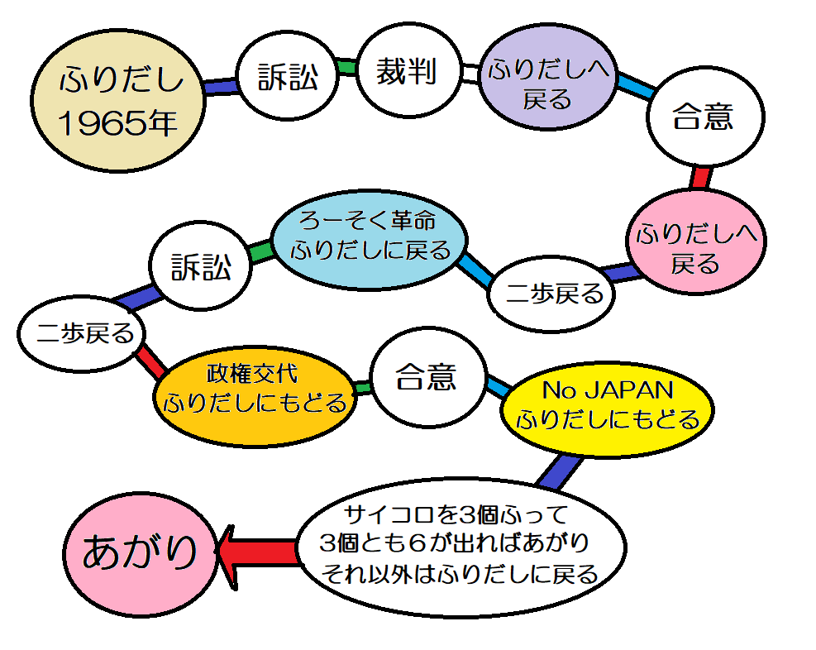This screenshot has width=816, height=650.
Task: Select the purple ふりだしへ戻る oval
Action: (x=546, y=84)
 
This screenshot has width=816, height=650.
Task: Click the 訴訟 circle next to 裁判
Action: (x=287, y=78)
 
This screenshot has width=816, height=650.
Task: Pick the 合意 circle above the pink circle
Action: (x=703, y=117)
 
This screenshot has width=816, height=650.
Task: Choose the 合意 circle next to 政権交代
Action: (x=425, y=378)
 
